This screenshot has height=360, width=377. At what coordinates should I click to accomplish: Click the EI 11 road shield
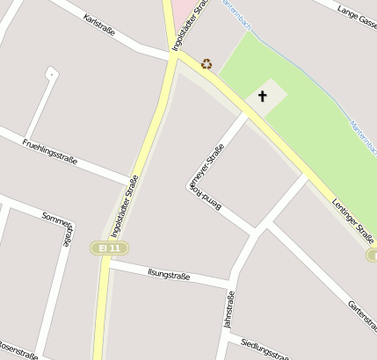pos(110,248)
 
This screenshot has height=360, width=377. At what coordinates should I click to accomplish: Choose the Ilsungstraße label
pos(169,276)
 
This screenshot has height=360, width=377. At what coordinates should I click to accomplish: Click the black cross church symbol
pos(263,96)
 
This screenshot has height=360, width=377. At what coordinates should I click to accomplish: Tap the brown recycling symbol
pos(207,63)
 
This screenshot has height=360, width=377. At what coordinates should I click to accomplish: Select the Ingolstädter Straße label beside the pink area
pos(190,26)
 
